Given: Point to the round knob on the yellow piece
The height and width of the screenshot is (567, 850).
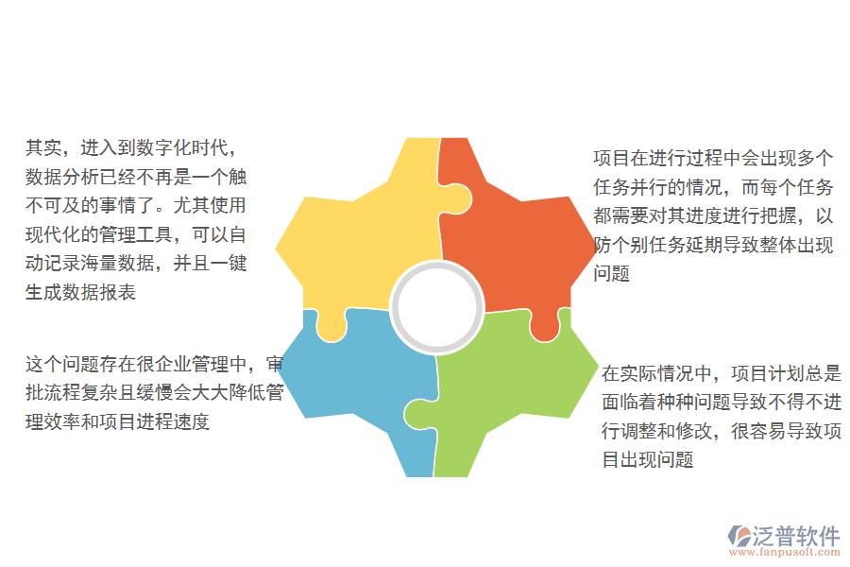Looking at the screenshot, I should point(330,327).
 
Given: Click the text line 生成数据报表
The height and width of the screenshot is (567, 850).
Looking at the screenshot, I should point(81,292).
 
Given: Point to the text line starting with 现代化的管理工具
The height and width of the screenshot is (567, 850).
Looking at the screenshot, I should point(137,234).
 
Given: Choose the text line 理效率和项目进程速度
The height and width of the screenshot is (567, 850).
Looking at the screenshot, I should point(118,421).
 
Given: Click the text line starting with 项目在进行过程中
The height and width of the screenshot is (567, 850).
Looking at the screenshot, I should point(713,159).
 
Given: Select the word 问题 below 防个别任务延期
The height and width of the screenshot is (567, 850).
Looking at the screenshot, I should point(612,275).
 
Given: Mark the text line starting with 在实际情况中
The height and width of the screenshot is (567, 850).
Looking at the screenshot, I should point(722,374).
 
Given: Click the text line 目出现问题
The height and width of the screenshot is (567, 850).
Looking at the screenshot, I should point(649,460).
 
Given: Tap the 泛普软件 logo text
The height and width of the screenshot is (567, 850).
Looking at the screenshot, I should point(796,536).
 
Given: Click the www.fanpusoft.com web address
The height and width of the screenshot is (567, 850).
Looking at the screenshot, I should point(783,554).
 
